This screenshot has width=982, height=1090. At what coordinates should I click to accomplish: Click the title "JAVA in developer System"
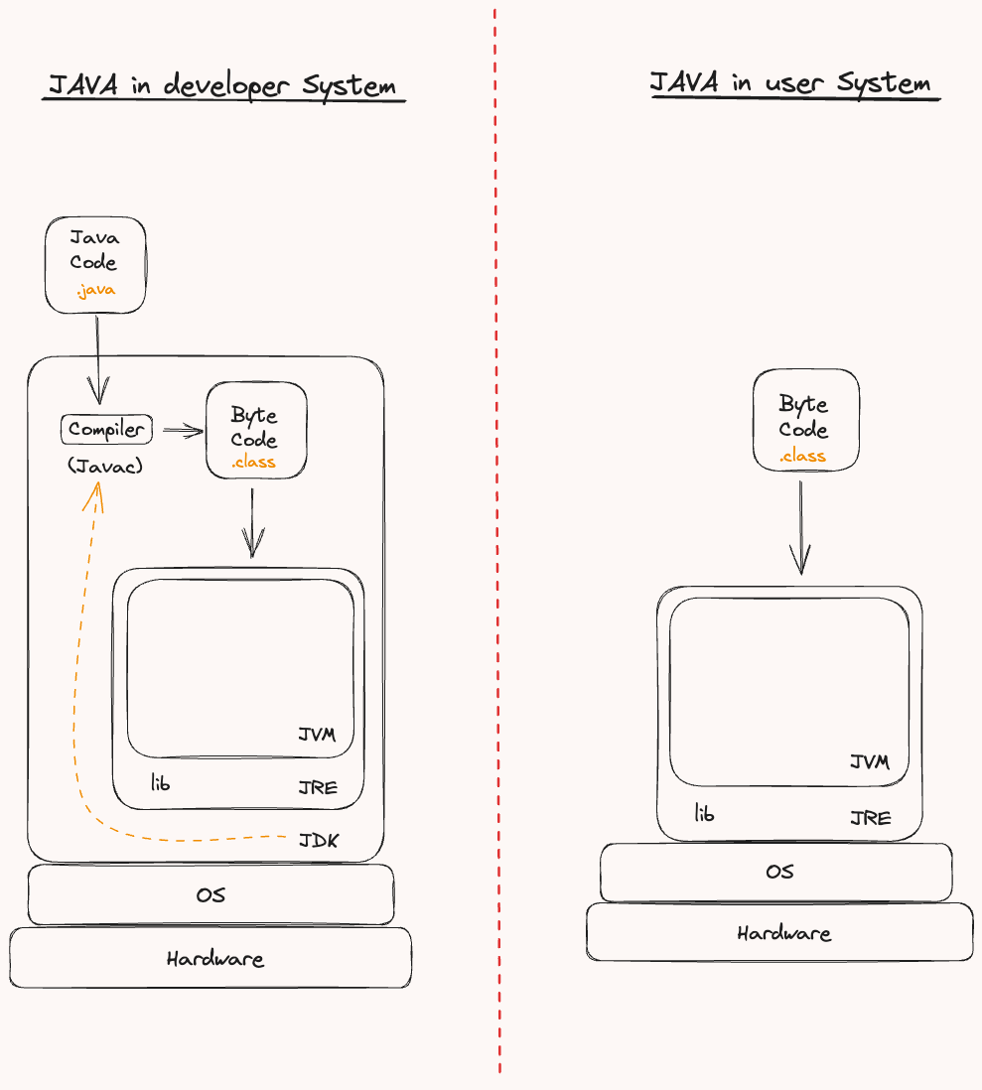point(222,85)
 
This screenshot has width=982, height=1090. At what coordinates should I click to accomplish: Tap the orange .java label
point(95,290)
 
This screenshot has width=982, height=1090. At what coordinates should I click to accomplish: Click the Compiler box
point(106,430)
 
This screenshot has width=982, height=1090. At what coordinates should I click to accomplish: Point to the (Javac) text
point(105,465)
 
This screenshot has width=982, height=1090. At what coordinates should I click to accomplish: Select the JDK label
point(319,841)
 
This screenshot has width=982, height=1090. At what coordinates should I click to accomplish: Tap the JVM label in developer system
point(317,736)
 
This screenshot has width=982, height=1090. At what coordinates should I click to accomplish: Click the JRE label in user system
point(870,818)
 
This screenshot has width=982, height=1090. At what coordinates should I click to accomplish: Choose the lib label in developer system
point(160,783)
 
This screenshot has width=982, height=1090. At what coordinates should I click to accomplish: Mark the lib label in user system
point(704,814)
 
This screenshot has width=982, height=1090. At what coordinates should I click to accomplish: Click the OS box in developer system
point(210,894)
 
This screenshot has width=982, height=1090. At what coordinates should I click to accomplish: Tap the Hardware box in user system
point(780,933)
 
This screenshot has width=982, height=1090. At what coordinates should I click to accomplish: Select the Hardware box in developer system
point(210,959)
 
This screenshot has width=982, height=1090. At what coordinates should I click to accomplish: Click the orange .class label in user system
point(802,457)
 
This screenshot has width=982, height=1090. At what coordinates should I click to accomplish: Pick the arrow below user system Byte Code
point(800,526)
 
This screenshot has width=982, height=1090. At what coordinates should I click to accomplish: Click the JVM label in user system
point(870,762)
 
